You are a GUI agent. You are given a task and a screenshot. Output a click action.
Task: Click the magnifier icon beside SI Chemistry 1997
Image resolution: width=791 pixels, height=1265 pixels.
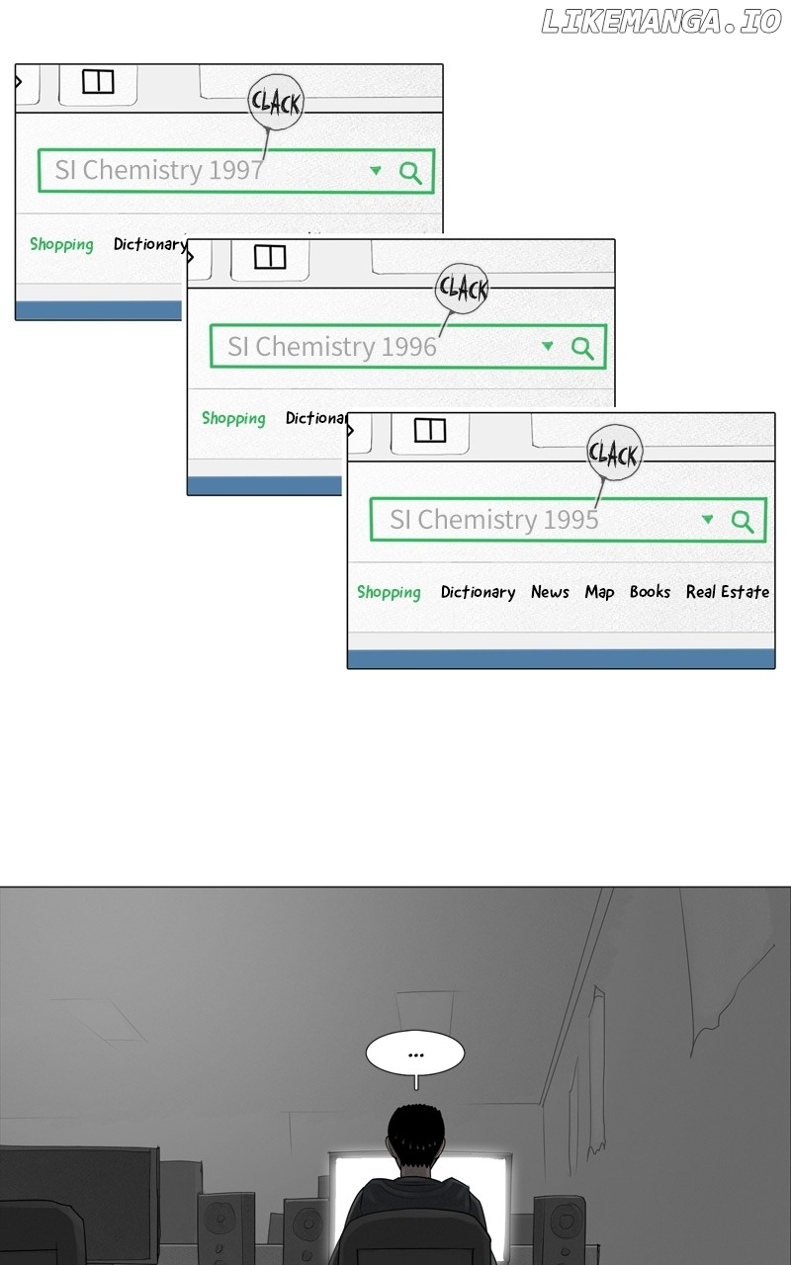[410, 173]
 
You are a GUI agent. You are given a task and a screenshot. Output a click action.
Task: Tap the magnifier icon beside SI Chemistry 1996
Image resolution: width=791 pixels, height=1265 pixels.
[582, 349]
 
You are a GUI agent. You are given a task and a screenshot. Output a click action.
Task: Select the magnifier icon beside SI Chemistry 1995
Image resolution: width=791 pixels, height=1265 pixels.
[742, 522]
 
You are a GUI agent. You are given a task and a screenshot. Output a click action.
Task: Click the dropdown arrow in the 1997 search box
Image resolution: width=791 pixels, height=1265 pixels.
[375, 170]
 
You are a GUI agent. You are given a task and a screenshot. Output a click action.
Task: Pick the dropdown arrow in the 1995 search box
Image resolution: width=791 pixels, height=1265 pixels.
[707, 519]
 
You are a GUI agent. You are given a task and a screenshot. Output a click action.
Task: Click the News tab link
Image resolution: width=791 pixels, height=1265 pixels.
[550, 591]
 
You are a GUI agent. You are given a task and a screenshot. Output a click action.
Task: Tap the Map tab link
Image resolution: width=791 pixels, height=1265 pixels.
[599, 592]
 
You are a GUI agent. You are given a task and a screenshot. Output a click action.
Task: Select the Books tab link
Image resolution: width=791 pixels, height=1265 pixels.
[650, 591]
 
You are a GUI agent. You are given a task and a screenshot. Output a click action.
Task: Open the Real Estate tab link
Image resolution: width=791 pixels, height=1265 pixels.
[728, 591]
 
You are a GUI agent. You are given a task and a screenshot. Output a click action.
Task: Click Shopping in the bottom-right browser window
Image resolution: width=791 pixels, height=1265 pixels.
[389, 592]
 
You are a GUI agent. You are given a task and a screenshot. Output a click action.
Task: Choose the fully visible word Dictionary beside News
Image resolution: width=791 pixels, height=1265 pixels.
[478, 592]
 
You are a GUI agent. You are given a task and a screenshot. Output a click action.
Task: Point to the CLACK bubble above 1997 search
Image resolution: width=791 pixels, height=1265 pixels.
[276, 102]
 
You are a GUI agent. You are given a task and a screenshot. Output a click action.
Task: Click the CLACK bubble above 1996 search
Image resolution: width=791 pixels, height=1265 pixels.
[462, 289]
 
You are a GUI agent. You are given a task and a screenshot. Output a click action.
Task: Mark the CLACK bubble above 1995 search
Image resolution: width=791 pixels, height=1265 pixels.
[614, 453]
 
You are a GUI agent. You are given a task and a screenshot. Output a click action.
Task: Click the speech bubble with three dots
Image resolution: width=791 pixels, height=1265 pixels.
[415, 1054]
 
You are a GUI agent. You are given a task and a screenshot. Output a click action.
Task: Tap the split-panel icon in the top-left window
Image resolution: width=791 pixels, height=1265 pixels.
[98, 81]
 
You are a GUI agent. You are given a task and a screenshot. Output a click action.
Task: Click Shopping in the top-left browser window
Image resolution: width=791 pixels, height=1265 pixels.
[61, 244]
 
